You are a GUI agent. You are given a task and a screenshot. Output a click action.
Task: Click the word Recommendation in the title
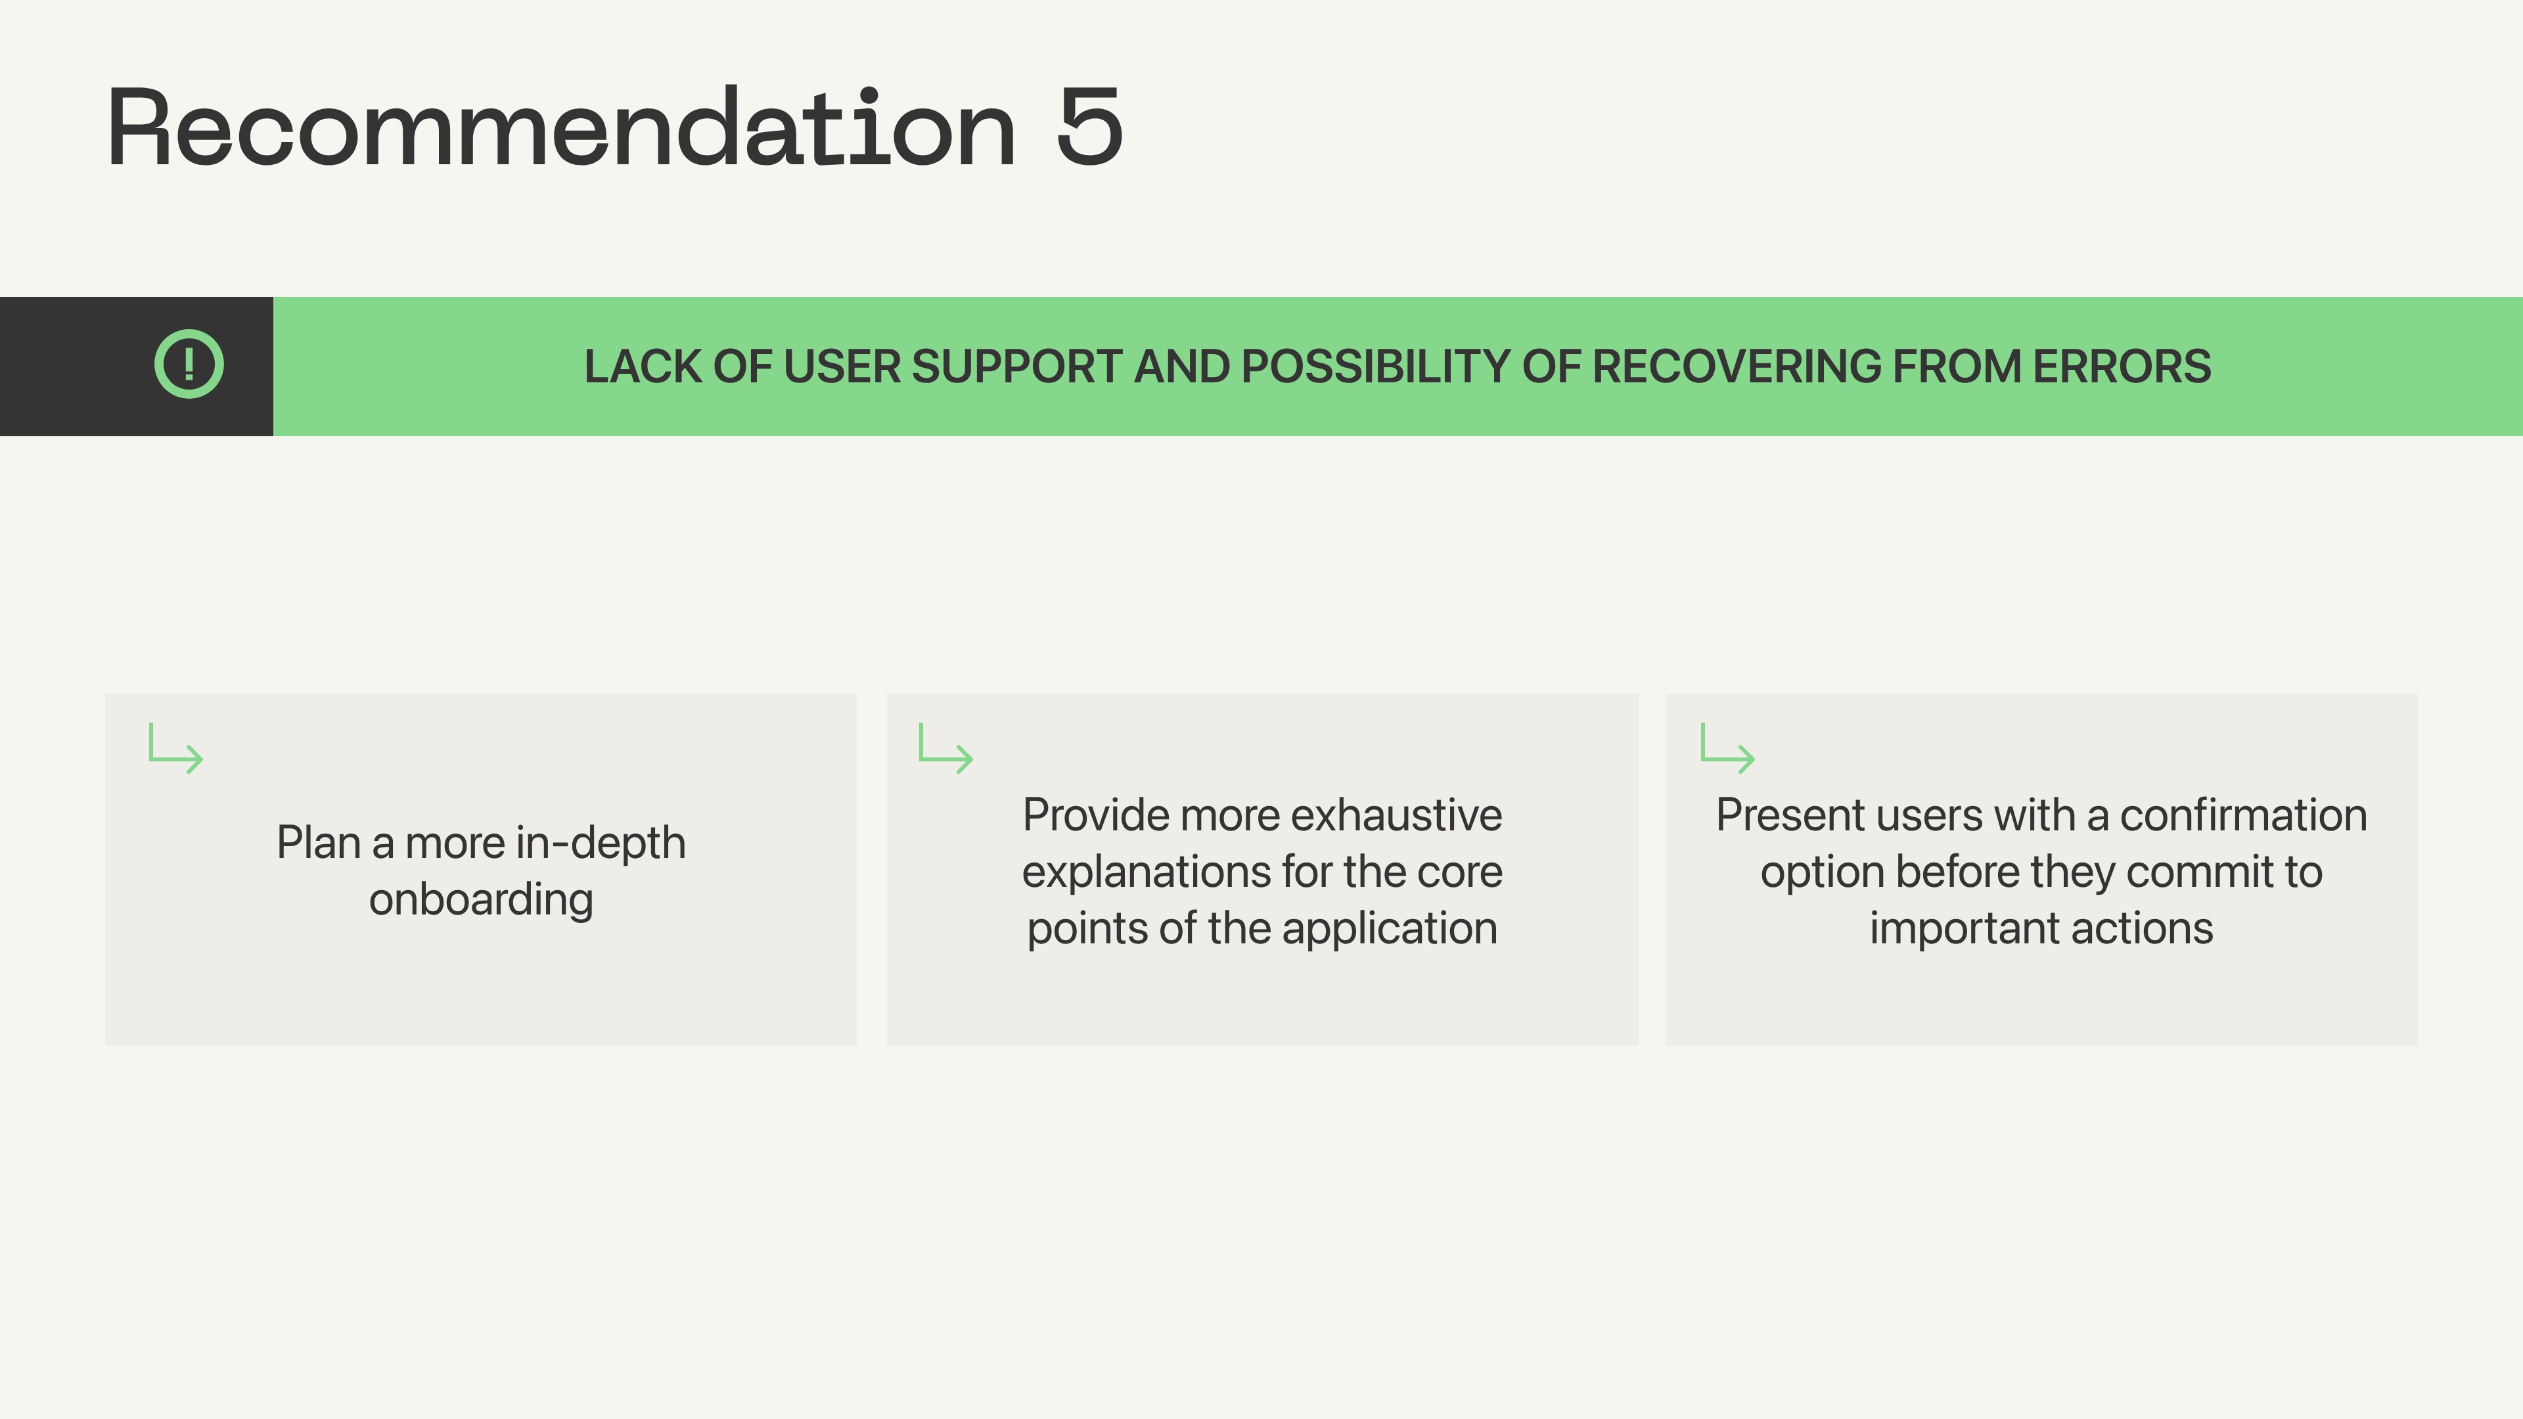point(561,127)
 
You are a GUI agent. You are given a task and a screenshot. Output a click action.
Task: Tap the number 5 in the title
point(1089,127)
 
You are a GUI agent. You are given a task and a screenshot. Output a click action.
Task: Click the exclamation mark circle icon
point(189,365)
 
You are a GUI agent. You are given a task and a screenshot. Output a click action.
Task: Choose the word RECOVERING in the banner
point(1737,367)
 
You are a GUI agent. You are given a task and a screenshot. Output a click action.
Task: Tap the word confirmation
point(2244,815)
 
